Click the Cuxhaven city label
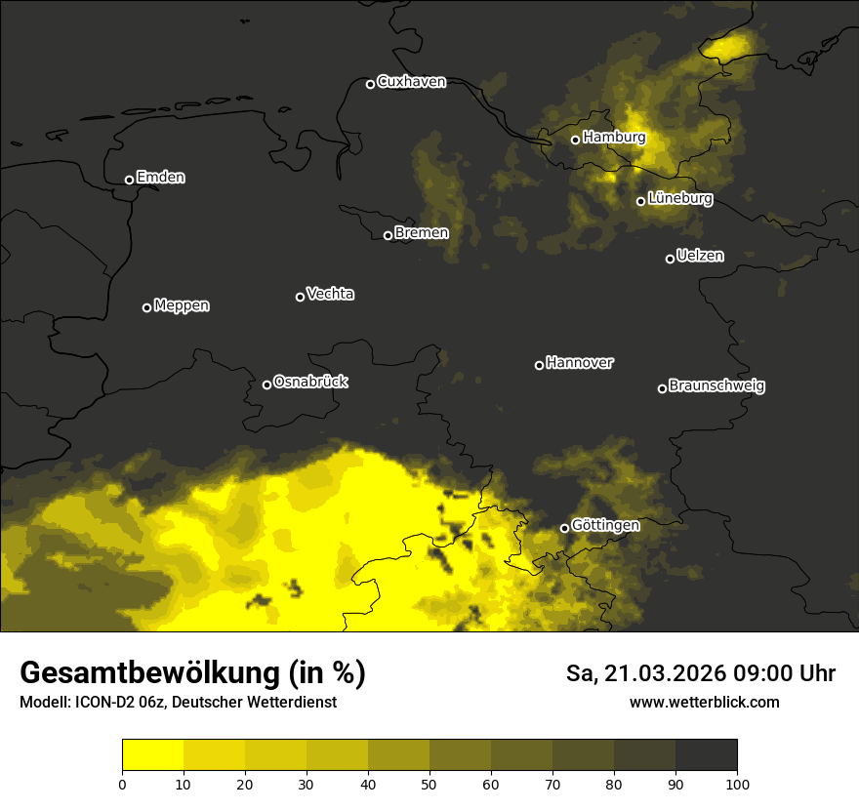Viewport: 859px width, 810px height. click(x=411, y=82)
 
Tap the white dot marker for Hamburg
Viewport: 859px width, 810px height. click(x=575, y=140)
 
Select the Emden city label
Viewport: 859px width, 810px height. click(x=160, y=178)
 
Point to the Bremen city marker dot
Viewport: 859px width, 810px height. click(x=388, y=235)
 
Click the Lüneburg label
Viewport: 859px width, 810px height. click(x=679, y=199)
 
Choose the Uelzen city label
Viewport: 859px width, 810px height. click(x=700, y=256)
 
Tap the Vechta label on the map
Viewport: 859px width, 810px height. click(x=330, y=294)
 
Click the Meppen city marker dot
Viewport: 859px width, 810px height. click(x=146, y=307)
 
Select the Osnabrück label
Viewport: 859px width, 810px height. click(x=310, y=382)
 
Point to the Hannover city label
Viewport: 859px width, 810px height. click(x=579, y=363)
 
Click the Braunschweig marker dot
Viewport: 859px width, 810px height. click(x=662, y=388)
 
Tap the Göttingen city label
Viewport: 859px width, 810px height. click(x=605, y=526)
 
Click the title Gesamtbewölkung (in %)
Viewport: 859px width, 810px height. click(x=192, y=673)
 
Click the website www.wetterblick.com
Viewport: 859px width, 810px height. click(x=704, y=702)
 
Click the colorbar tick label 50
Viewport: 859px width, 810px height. click(x=429, y=784)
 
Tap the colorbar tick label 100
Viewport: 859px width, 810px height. click(x=737, y=784)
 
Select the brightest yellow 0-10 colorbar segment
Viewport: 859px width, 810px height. click(x=152, y=755)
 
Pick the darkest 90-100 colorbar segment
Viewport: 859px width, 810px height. click(x=706, y=755)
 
